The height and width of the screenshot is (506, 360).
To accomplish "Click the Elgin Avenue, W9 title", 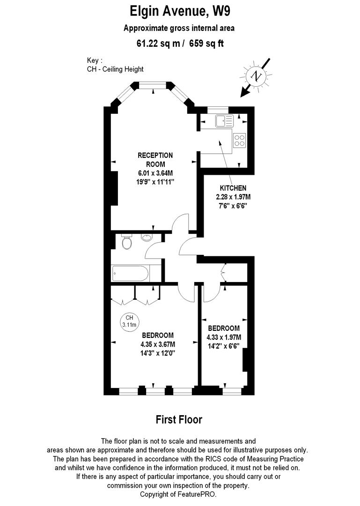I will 179,10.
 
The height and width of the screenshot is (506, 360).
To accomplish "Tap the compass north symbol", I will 256,75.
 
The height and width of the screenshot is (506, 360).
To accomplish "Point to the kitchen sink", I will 224,121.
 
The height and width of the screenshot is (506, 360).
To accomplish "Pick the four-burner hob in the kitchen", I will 239,140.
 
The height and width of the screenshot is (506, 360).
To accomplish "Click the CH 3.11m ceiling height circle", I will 129,321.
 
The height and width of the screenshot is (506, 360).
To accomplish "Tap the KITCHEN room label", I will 236,188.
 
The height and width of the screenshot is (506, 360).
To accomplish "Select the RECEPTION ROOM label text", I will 155,160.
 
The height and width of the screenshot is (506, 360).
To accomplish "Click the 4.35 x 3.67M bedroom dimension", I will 158,344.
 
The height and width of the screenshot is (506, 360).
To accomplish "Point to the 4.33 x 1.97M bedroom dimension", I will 224,337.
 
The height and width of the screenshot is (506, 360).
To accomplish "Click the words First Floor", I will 179,419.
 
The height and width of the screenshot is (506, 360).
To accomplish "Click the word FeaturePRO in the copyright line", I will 198,495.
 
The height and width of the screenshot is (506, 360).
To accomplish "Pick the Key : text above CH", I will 94,60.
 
